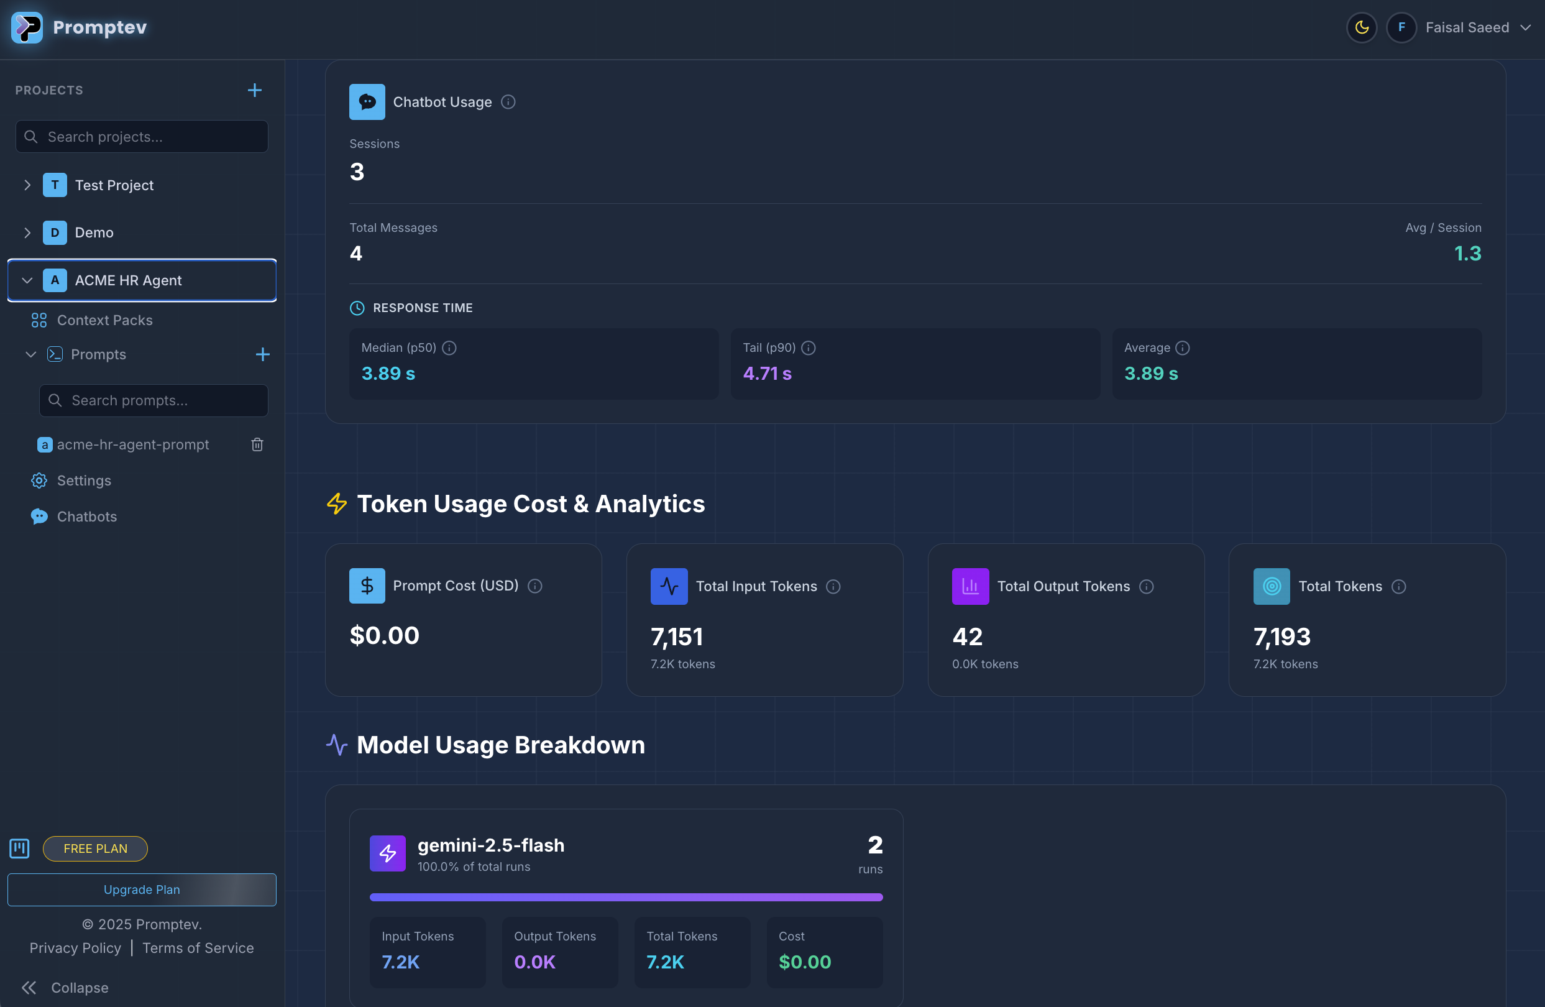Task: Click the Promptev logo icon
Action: click(27, 27)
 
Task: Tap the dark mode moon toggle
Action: click(1361, 28)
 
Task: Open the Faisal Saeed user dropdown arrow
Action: click(1526, 28)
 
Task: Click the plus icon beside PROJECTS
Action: click(254, 90)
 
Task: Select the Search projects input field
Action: click(142, 137)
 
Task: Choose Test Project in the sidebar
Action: click(114, 185)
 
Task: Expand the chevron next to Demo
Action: click(27, 232)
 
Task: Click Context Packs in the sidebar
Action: click(104, 320)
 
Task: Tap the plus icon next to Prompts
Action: click(262, 354)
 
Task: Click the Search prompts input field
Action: click(154, 400)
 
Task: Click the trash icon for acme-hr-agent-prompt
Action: click(257, 444)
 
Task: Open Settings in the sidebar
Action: click(84, 481)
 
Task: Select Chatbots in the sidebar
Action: click(86, 517)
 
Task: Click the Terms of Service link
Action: click(198, 948)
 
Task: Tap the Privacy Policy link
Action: click(75, 948)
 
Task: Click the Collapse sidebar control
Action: click(65, 988)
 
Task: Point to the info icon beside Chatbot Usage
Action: click(508, 102)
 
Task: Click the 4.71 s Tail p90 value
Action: click(768, 374)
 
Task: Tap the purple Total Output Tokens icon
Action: click(970, 586)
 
